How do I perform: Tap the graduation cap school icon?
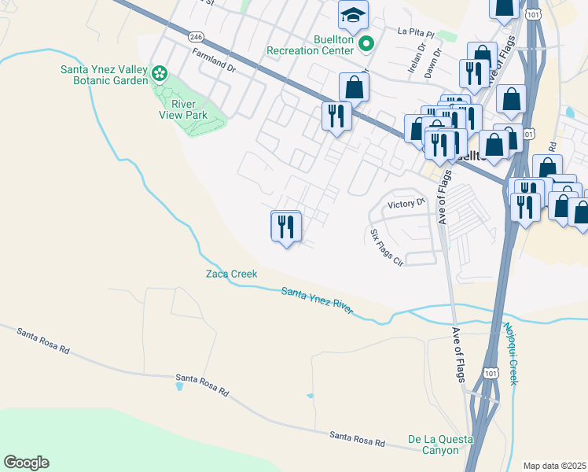point(354,14)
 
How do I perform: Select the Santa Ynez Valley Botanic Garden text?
point(105,75)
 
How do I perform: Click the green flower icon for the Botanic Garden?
point(160,74)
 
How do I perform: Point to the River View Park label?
point(184,109)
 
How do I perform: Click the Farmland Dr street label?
point(214,60)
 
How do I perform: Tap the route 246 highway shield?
point(197,36)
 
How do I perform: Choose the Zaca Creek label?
point(231,274)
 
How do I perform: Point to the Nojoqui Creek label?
point(510,353)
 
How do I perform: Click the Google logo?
point(26,463)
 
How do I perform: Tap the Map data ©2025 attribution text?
point(554,466)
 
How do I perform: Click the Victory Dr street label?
point(406,205)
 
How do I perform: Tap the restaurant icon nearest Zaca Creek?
point(285,227)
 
